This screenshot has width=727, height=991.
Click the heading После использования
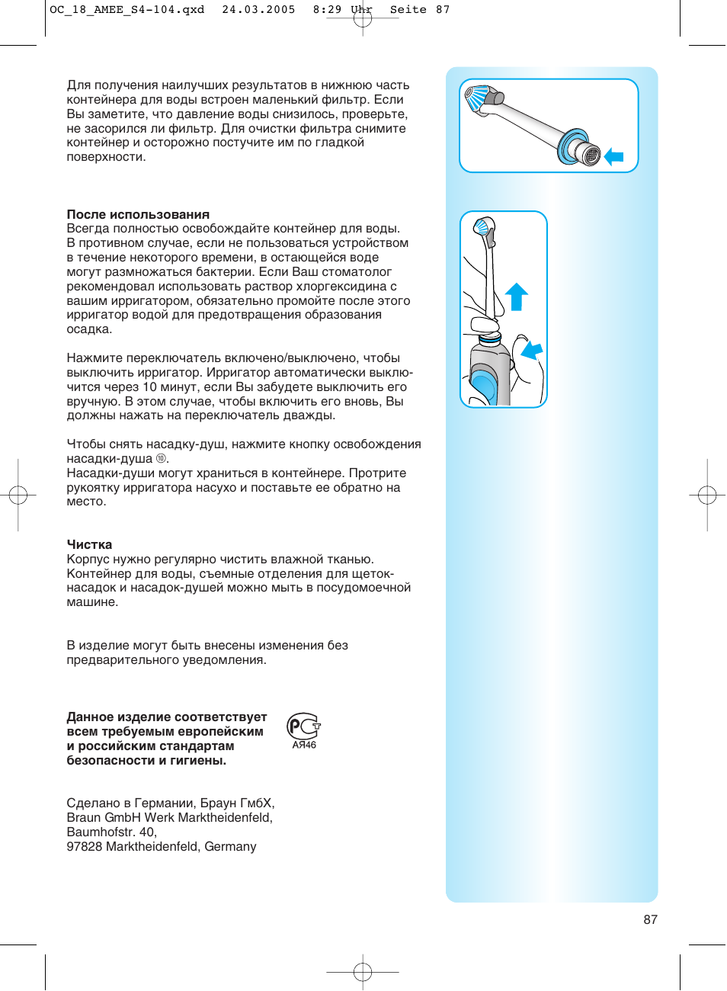pos(138,214)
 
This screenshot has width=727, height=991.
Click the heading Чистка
pos(89,544)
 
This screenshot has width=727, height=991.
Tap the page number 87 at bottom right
pos(650,919)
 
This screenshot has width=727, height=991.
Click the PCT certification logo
pos(303,726)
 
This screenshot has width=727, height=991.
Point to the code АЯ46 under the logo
pos(304,746)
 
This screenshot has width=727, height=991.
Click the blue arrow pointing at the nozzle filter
pos(614,157)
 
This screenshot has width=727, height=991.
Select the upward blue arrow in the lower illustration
pos(517,296)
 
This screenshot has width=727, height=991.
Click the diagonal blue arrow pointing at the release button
pos(532,351)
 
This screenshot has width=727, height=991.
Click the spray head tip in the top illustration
pos(478,98)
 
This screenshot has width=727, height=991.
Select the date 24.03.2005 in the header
pos(258,10)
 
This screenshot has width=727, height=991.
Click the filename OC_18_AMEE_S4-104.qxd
pos(127,10)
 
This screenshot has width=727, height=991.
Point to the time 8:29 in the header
pos(327,10)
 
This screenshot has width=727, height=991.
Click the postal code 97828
pos(85,846)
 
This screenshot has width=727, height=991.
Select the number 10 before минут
pos(149,386)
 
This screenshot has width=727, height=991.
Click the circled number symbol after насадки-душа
pos(161,459)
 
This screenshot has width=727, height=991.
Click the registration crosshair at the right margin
pos(707,495)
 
